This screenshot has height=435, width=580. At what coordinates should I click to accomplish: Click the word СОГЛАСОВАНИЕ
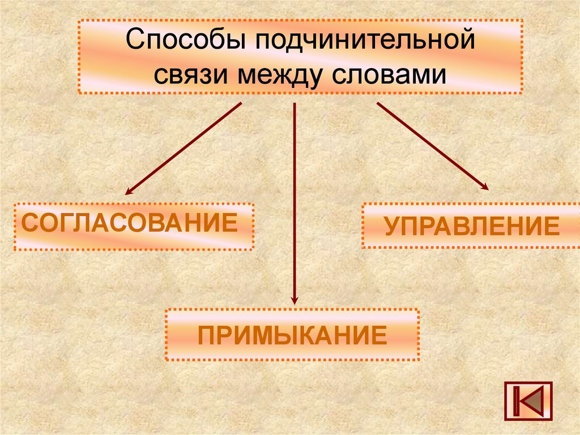pos(129,223)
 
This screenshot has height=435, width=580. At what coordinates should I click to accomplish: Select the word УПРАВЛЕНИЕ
pos(472,226)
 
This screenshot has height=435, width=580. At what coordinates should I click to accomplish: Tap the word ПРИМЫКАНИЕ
pos(292,335)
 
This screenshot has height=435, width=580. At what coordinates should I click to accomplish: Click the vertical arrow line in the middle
pos(294,199)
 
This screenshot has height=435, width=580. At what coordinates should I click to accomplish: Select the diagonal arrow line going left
pos(184,149)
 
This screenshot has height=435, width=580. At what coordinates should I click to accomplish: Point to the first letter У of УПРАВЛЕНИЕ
pos(392,226)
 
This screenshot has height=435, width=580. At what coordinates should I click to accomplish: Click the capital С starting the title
pos(134,43)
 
